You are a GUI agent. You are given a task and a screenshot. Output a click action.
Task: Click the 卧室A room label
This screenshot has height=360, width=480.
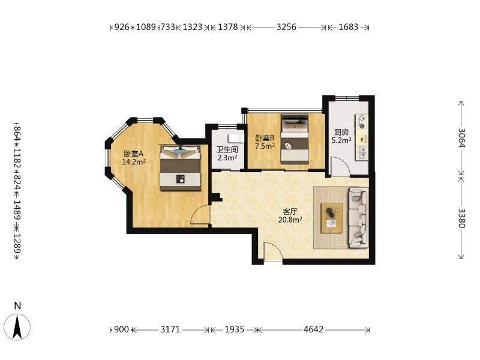point(133,154)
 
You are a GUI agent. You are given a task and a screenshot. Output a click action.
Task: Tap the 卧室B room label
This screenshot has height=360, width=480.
point(265,138)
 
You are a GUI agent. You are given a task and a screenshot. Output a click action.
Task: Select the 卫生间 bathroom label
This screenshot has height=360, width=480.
point(227,149)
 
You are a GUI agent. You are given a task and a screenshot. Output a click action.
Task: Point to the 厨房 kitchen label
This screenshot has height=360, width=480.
point(341,132)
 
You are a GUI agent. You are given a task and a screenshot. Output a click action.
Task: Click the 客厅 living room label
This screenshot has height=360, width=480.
point(290,212)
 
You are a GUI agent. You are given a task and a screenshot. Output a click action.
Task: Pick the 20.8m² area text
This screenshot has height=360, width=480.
point(290,220)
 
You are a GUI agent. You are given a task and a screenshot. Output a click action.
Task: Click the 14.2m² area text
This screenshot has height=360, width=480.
point(133,161)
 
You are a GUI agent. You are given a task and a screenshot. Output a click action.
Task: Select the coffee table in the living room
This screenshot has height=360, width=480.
point(332,218)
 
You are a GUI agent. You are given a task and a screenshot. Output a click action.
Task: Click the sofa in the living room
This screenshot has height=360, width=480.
point(358,217)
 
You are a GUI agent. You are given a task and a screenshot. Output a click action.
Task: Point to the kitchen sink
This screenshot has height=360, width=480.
point(362,152)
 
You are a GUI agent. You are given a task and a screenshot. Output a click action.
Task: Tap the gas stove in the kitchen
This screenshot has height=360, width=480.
point(362,122)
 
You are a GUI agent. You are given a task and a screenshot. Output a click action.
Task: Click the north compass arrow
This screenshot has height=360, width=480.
point(17,327)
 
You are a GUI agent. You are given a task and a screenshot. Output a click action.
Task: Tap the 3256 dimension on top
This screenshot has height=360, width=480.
point(286,27)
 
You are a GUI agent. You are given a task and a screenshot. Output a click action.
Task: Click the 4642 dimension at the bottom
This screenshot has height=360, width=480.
point(313,329)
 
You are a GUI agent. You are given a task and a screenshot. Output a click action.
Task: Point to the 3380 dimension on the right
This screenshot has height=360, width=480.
point(461,218)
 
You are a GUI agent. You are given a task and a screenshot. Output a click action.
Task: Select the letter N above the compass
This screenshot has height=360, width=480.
point(17,306)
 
